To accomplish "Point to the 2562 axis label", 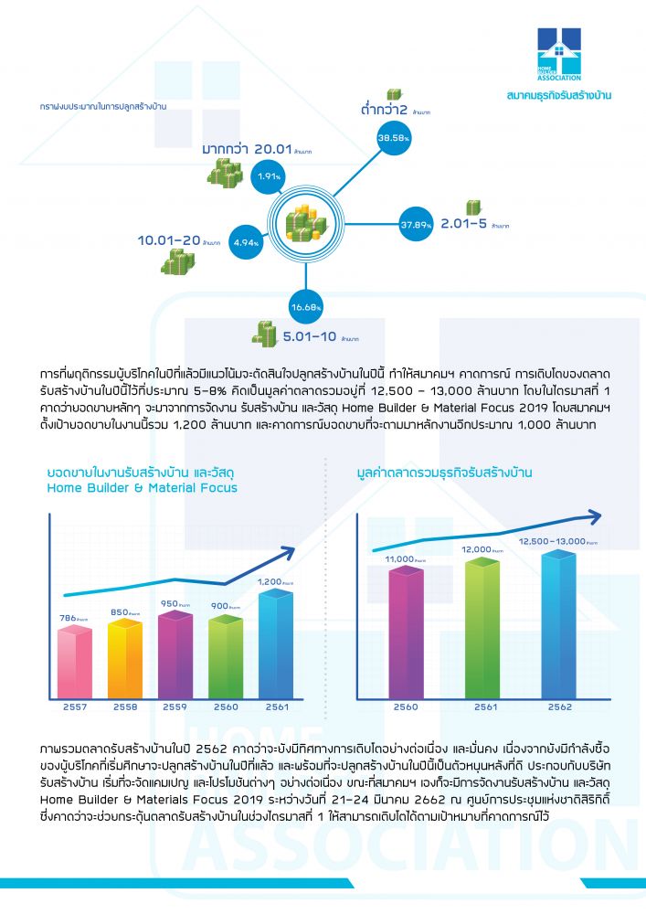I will tap(559, 707).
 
